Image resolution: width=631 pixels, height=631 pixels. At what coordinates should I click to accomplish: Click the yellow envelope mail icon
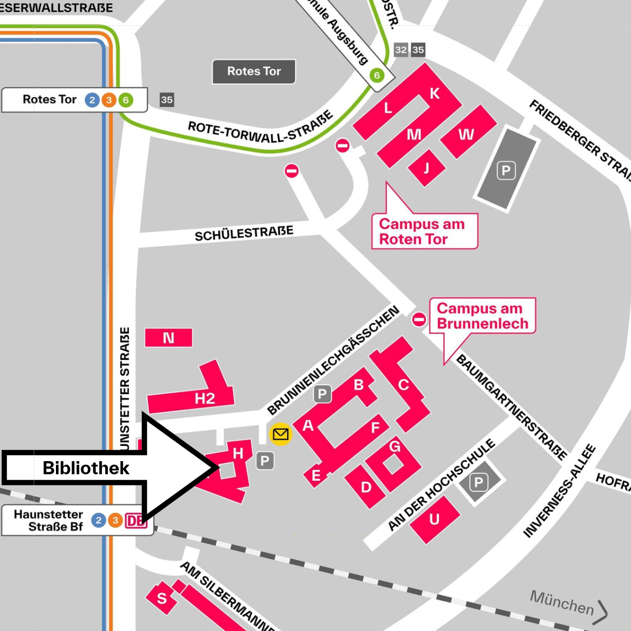[x=280, y=434]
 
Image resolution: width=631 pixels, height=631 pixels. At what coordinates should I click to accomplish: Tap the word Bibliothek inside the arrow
[x=86, y=468]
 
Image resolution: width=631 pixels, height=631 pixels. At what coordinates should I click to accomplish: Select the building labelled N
[x=168, y=338]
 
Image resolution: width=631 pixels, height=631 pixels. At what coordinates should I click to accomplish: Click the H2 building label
[x=205, y=399]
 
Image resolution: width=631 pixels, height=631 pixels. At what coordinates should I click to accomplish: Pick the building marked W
[x=466, y=134]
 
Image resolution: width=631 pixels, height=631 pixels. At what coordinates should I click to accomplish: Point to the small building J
[x=426, y=168]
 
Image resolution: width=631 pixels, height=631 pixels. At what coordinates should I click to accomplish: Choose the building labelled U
[x=434, y=520]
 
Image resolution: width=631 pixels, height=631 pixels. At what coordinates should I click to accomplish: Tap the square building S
[x=161, y=598]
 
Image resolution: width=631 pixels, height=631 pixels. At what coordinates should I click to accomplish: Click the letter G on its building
[x=395, y=446]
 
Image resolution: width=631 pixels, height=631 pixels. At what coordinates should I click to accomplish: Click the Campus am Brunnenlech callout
[x=482, y=315]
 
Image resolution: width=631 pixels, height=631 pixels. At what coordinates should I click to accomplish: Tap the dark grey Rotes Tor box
[x=254, y=72]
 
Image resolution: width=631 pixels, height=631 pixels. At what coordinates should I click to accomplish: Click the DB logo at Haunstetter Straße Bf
[x=136, y=521]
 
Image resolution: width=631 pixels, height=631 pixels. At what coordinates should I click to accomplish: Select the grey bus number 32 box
[x=401, y=49]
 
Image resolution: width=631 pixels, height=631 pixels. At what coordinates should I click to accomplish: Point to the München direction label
[x=562, y=603]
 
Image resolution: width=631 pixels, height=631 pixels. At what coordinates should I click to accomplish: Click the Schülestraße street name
[x=244, y=233]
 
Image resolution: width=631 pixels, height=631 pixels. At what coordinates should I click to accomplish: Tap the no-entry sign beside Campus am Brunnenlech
[x=419, y=320]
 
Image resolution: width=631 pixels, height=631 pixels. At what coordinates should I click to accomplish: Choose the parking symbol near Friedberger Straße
[x=506, y=171]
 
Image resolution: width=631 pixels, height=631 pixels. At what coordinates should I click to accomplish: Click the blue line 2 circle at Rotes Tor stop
[x=92, y=100]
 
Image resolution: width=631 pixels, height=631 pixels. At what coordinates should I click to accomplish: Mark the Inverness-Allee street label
[x=559, y=491]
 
